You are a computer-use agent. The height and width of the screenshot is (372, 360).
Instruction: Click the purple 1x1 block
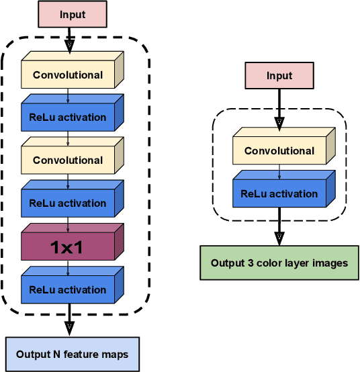67,247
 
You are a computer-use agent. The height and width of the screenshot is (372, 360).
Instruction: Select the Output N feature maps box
72,354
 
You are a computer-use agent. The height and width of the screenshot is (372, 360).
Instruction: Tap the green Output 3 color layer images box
279,263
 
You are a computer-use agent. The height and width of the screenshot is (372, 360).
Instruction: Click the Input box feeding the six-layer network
72,15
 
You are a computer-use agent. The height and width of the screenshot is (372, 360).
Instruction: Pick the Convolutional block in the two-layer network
279,151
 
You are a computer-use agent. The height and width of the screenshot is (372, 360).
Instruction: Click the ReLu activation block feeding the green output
279,194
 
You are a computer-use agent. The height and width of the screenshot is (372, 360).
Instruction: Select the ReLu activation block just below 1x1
67,290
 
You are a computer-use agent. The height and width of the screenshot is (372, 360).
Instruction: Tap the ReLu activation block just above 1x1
67,203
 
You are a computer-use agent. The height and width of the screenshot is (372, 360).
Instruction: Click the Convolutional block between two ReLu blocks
67,160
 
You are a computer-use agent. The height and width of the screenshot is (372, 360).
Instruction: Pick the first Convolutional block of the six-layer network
67,75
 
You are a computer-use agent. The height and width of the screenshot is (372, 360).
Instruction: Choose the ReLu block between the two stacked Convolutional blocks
67,118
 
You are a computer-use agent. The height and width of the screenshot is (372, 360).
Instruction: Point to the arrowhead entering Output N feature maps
68,328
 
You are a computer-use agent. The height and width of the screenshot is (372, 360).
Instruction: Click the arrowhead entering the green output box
279,238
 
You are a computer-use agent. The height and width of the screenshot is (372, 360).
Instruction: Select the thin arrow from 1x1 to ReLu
68,268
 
